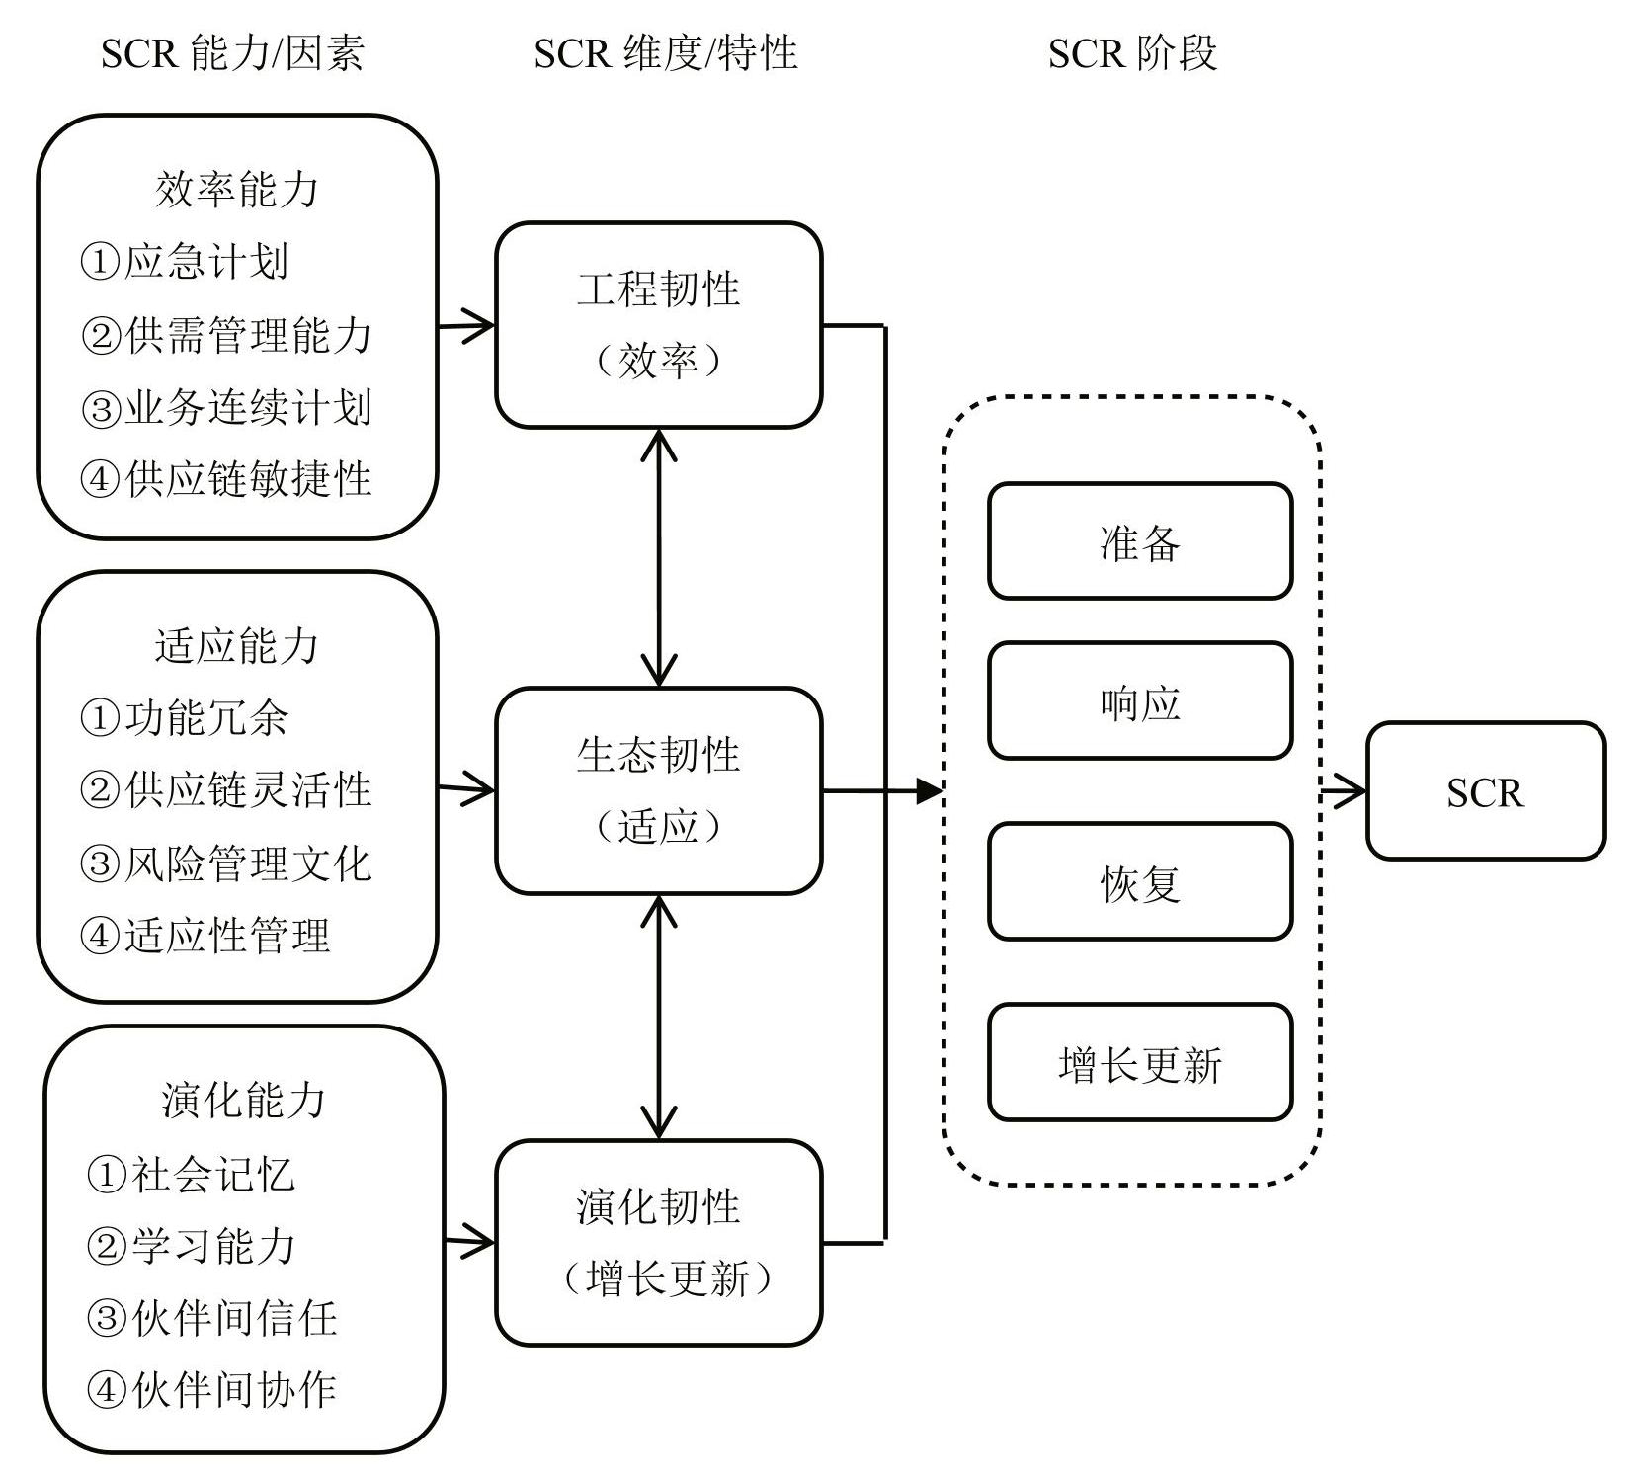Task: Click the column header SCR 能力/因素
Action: pyautogui.click(x=232, y=52)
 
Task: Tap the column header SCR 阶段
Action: pyautogui.click(x=1132, y=52)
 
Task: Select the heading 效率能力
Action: pyautogui.click(x=237, y=189)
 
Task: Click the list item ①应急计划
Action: pyautogui.click(x=185, y=262)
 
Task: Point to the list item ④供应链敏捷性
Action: pyautogui.click(x=226, y=479)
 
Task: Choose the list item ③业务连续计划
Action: pyautogui.click(x=226, y=407)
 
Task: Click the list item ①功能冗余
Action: pyautogui.click(x=185, y=718)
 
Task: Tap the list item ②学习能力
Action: pyautogui.click(x=192, y=1246)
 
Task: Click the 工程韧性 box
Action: pyautogui.click(x=659, y=325)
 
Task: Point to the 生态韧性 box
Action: pyautogui.click(x=659, y=790)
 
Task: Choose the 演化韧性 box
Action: pyautogui.click(x=659, y=1242)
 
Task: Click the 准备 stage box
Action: pyautogui.click(x=1140, y=541)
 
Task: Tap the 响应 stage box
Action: pyautogui.click(x=1140, y=700)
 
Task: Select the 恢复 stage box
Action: pyautogui.click(x=1140, y=881)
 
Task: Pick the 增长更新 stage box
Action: pyautogui.click(x=1140, y=1062)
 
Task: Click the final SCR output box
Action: pyautogui.click(x=1486, y=790)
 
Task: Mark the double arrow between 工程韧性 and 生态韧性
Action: pyautogui.click(x=659, y=558)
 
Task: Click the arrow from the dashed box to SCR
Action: pyautogui.click(x=1345, y=790)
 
